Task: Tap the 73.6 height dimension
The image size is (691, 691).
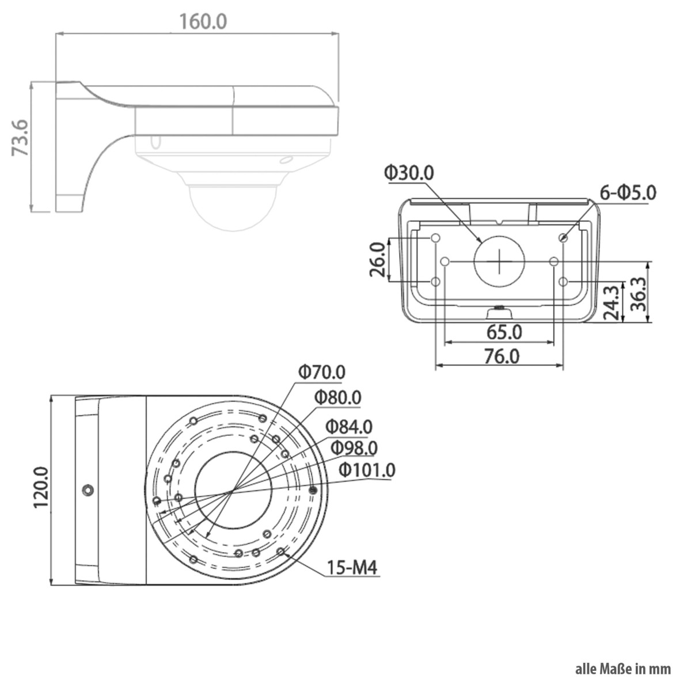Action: point(20,138)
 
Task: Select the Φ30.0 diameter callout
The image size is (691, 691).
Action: point(409,173)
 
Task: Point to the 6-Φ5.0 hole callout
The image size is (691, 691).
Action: point(628,192)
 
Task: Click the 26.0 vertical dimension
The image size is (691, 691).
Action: point(377,259)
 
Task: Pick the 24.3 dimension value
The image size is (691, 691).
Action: point(612,302)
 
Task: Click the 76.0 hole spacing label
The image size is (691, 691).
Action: point(502,356)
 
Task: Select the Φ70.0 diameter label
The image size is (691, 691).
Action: point(322,372)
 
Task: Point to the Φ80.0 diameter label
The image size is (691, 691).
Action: point(338,397)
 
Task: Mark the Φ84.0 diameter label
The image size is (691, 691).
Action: point(349,426)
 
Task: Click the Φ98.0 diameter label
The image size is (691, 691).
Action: point(354,447)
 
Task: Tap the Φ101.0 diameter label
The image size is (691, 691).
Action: point(367,470)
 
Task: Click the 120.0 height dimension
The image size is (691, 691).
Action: point(41,487)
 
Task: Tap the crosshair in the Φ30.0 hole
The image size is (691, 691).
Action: point(499,261)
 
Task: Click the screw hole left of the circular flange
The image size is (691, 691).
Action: point(88,489)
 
